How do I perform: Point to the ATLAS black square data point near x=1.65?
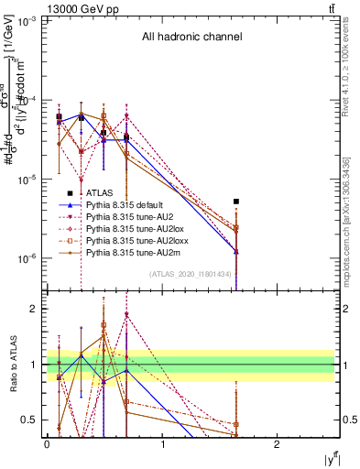click(x=236, y=201)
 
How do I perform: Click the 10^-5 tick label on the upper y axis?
click(x=27, y=180)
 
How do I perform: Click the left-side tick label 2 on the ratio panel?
click(x=37, y=309)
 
